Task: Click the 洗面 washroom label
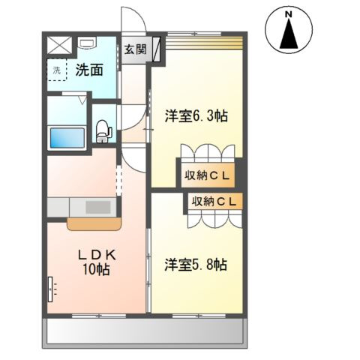tap(88, 70)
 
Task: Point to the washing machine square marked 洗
tap(57, 70)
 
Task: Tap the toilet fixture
tap(103, 131)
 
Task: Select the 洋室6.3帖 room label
tap(196, 116)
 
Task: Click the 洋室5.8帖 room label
tap(196, 264)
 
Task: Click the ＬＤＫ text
tap(94, 255)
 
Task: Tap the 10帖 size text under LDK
tap(96, 269)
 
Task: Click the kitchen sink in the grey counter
tap(97, 207)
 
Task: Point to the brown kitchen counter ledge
tap(93, 223)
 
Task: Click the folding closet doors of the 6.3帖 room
tap(209, 154)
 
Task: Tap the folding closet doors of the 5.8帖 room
tap(214, 219)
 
